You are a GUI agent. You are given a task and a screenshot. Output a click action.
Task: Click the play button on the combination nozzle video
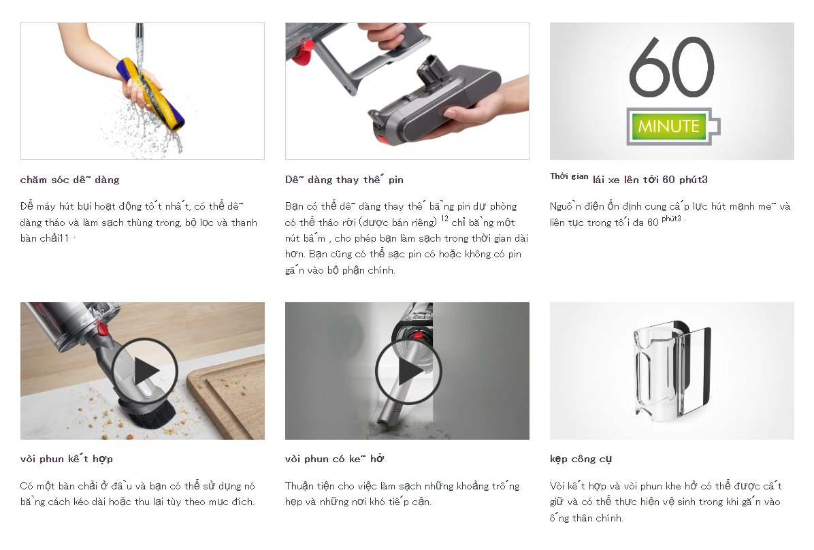click(144, 371)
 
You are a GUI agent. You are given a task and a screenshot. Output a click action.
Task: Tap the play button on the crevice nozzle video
click(408, 371)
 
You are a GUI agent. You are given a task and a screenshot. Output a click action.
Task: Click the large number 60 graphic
click(672, 67)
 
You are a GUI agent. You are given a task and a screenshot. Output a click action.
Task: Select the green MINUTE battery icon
click(673, 126)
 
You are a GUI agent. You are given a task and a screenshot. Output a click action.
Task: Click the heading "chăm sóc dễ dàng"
click(69, 180)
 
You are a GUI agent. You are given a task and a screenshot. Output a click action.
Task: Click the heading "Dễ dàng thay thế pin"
click(344, 180)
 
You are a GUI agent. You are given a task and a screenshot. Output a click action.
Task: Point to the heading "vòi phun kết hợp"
click(67, 459)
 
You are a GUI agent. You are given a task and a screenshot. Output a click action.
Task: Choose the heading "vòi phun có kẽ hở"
click(335, 459)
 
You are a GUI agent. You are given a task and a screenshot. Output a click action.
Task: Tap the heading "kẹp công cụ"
click(581, 459)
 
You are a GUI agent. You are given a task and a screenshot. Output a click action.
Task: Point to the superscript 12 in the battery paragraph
click(444, 219)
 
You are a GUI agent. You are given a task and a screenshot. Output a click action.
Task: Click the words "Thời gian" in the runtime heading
click(569, 176)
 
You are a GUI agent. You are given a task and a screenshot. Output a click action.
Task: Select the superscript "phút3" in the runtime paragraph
click(671, 219)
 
